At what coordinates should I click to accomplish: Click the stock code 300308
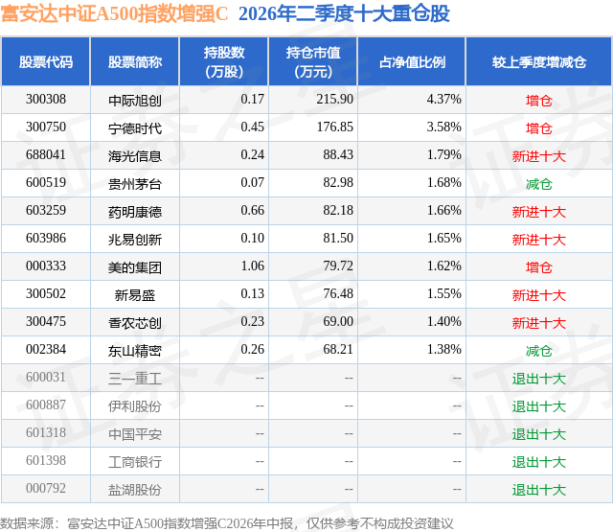(x=46, y=100)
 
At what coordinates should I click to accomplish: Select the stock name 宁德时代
(x=135, y=127)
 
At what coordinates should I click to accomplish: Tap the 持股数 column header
(x=224, y=53)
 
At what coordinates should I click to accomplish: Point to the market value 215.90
(x=334, y=100)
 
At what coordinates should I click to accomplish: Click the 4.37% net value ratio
(x=444, y=100)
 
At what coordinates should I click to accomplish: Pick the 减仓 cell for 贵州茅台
(x=538, y=183)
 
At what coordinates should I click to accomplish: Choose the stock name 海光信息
(x=135, y=155)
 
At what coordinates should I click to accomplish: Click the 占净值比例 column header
(x=412, y=61)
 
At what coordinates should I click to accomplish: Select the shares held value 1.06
(x=253, y=266)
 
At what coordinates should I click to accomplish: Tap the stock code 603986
(x=46, y=239)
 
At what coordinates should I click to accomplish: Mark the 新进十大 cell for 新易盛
(x=538, y=294)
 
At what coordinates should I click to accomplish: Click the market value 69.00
(x=338, y=321)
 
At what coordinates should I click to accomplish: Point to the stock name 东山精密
(x=135, y=350)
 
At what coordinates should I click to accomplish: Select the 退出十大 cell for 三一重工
(x=538, y=378)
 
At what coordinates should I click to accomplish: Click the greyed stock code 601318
(x=46, y=432)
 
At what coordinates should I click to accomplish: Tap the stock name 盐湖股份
(x=135, y=489)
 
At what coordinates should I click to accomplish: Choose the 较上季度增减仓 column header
(x=539, y=61)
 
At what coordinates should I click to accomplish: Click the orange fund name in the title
(x=114, y=13)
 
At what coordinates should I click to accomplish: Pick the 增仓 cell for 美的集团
(x=538, y=266)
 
